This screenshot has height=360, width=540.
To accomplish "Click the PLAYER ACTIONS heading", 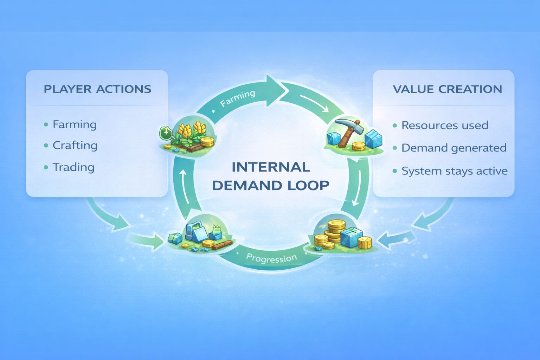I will click(97, 89).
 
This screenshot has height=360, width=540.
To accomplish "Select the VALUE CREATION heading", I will click(447, 89).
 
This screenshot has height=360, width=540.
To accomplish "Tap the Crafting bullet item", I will click(75, 146).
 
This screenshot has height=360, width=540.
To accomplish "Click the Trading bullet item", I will click(73, 167).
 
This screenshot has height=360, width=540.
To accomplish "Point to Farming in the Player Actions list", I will click(75, 124).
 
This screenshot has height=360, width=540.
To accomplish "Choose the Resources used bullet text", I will click(445, 125).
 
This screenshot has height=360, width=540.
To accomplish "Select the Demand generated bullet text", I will click(454, 148).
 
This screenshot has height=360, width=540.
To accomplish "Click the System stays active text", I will click(455, 171).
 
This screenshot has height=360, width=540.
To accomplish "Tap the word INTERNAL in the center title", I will click(271, 167).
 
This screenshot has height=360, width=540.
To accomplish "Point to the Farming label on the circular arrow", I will click(238, 98).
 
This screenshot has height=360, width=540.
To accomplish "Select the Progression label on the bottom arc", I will click(271, 258).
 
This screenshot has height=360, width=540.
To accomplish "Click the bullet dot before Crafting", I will click(46, 146).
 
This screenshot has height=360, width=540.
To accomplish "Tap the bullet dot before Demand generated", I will click(395, 148).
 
